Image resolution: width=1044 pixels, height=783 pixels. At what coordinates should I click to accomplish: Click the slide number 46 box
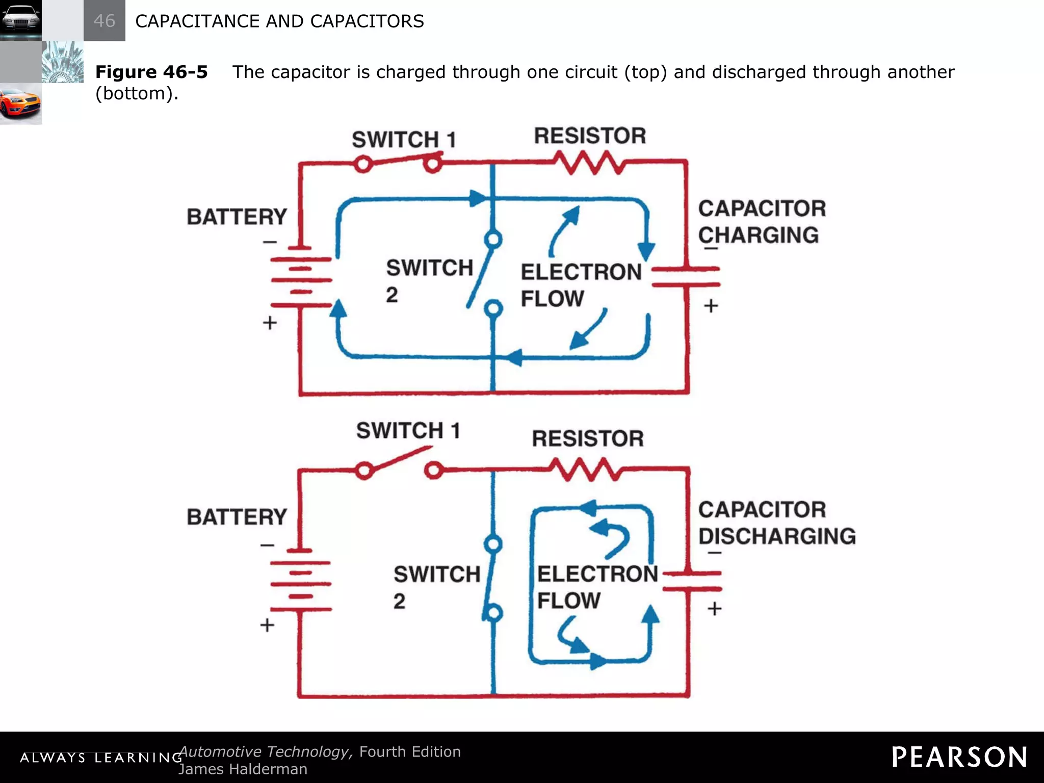[x=104, y=20]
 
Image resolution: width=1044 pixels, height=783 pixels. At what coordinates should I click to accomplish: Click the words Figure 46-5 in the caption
[x=151, y=72]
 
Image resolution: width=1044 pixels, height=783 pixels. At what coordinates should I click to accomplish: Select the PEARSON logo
[x=959, y=757]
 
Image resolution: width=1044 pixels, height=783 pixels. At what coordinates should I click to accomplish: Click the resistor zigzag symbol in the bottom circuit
[x=586, y=469]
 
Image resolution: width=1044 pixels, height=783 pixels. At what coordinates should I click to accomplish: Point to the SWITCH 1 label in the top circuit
[x=404, y=139]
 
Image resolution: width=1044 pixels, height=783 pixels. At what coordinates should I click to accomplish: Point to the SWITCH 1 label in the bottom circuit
[x=408, y=431]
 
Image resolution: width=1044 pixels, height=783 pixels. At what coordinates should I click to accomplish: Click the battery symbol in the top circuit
[x=301, y=276]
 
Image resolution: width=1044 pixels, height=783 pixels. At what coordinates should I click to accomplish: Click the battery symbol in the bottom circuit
[x=301, y=580]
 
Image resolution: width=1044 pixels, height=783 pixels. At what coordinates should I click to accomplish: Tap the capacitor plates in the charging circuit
[x=686, y=276]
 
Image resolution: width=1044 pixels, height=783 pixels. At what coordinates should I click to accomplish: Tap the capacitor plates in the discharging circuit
[x=691, y=581]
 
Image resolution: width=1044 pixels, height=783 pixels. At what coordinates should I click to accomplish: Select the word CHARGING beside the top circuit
[x=758, y=235]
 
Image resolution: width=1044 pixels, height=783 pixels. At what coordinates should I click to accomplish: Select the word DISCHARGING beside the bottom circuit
[x=776, y=536]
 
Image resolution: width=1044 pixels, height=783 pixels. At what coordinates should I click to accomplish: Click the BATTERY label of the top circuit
[x=237, y=217]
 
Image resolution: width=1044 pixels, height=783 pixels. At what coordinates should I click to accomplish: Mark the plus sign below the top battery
[x=270, y=323]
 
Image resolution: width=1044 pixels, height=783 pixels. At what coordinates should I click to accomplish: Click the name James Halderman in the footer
[x=243, y=769]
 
